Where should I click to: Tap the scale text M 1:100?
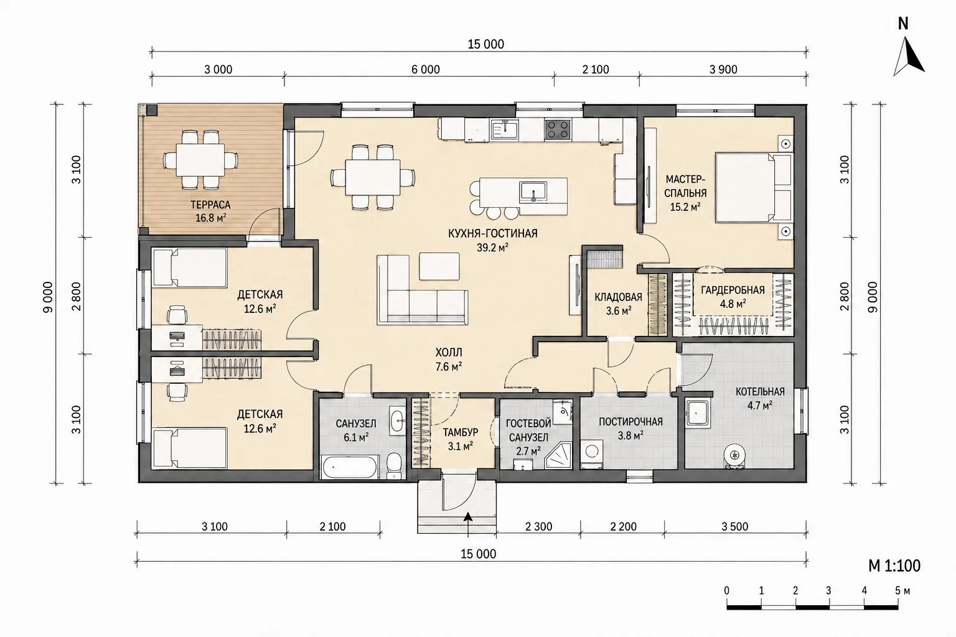(894, 565)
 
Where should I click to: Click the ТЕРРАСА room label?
(210, 205)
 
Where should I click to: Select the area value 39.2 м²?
(492, 248)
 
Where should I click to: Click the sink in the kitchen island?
(533, 192)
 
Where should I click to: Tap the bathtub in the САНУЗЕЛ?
(350, 467)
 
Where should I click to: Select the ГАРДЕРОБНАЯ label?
(733, 290)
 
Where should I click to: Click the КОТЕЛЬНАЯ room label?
(760, 392)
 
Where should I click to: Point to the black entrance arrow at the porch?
(468, 517)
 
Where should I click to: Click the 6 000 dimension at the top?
(426, 69)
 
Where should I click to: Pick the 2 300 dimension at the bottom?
(538, 526)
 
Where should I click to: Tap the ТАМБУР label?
(461, 432)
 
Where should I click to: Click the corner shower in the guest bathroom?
(559, 456)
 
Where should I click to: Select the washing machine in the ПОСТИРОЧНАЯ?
(592, 451)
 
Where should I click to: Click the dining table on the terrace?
(200, 160)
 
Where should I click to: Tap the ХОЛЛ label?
(449, 353)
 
